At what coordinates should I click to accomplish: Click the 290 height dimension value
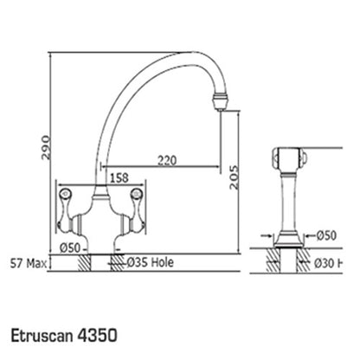point(46,147)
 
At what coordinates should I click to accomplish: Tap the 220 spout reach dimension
point(167,160)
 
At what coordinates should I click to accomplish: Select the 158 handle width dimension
point(119,177)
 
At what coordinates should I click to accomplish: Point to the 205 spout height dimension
point(235,177)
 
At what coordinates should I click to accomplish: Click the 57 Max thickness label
point(29,263)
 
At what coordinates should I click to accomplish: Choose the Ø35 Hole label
point(151,262)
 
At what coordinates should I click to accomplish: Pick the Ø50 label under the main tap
point(70,247)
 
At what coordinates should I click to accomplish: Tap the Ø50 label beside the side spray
point(326,235)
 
